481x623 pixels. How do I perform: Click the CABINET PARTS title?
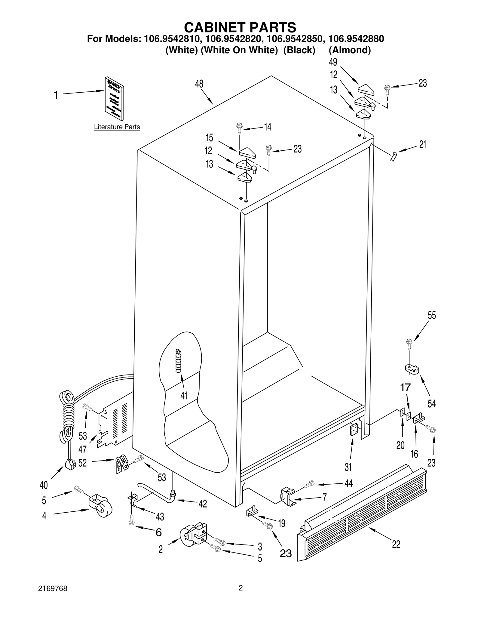240,27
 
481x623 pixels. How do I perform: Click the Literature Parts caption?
117,127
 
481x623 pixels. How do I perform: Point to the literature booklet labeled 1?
114,98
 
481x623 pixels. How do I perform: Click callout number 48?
199,84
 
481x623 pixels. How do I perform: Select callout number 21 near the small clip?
422,145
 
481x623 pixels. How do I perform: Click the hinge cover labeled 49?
365,89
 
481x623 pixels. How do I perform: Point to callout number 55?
432,316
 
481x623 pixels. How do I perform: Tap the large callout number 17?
405,387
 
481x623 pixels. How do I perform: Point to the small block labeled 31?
354,430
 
